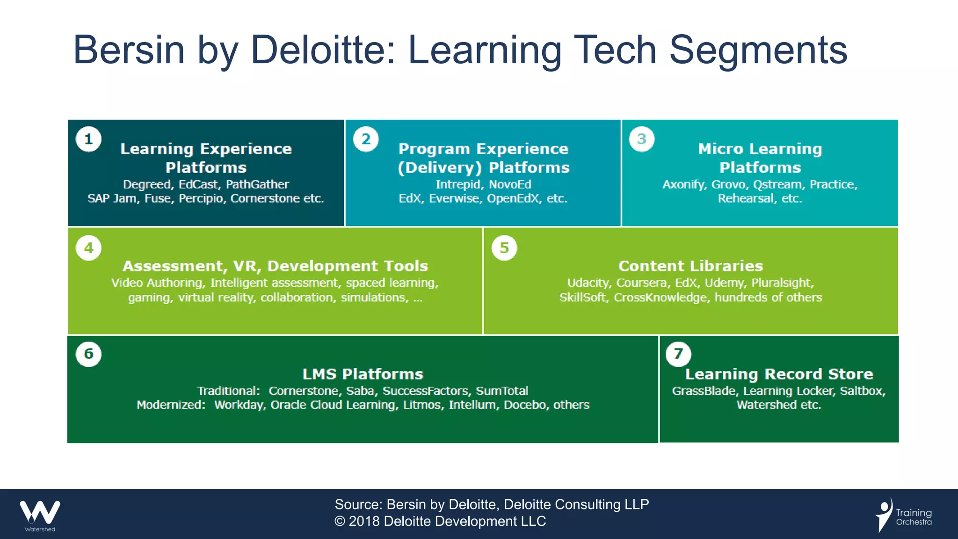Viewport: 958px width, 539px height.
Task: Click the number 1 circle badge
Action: pyautogui.click(x=88, y=139)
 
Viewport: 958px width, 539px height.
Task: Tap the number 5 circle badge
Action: pyautogui.click(x=504, y=248)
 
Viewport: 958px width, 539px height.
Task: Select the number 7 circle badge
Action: pyautogui.click(x=678, y=354)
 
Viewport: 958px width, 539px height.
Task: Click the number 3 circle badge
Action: pyautogui.click(x=642, y=139)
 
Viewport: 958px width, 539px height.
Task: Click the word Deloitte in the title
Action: pyautogui.click(x=323, y=50)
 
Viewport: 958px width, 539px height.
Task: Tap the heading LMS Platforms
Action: pyautogui.click(x=363, y=374)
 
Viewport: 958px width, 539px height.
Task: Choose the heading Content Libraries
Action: pyautogui.click(x=690, y=266)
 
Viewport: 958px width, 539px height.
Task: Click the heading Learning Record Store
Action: pyautogui.click(x=779, y=374)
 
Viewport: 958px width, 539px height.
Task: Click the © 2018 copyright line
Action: pyautogui.click(x=440, y=521)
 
